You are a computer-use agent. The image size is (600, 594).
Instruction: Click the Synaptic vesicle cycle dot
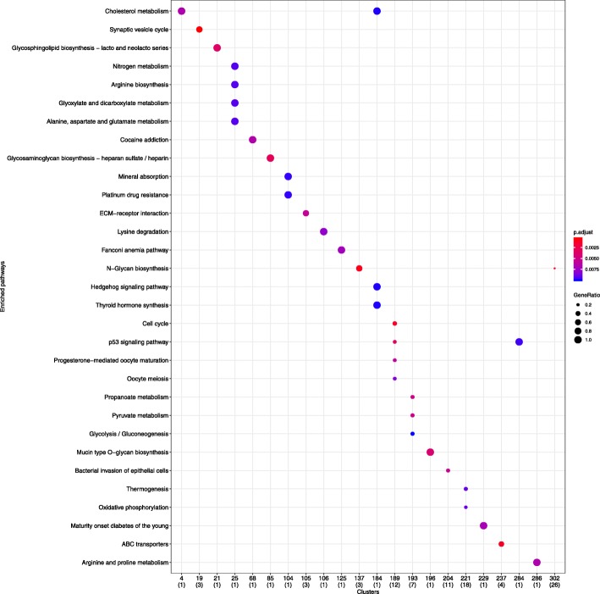(x=200, y=30)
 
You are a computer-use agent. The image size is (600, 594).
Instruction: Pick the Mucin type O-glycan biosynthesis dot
(x=430, y=452)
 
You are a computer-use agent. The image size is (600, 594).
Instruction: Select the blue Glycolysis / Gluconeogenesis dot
(x=412, y=434)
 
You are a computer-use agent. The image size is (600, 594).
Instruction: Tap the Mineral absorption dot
(x=288, y=176)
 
